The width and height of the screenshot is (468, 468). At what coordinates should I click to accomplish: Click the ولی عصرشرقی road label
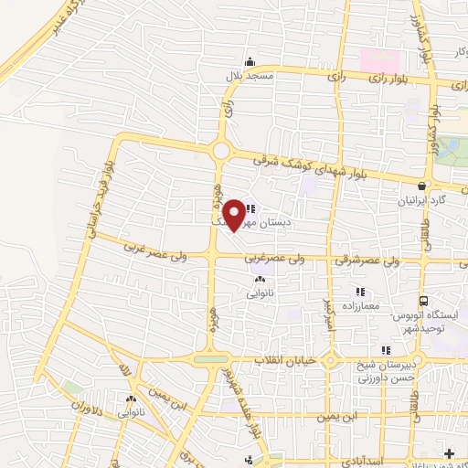tap(369, 261)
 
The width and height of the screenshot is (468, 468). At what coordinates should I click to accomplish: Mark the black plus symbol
tap(448, 453)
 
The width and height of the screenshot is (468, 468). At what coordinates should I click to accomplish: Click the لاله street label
tap(125, 374)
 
